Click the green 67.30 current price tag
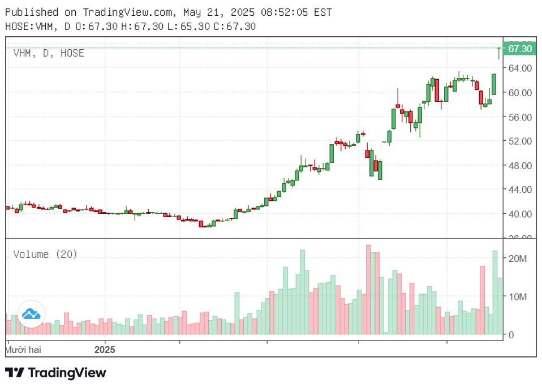click(520, 49)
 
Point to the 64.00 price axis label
click(520, 68)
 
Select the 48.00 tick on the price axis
click(520, 166)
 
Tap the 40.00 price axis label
click(520, 214)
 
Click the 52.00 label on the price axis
click(520, 141)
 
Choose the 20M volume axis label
click(518, 258)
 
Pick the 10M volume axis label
click(518, 297)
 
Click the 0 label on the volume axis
click(510, 335)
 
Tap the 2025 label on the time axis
click(104, 350)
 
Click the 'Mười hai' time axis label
click(23, 350)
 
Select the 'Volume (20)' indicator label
click(45, 255)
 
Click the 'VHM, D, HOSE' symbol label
click(49, 53)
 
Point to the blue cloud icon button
click(31, 314)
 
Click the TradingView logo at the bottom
click(55, 373)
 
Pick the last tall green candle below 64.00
click(494, 84)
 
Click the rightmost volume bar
click(500, 306)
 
